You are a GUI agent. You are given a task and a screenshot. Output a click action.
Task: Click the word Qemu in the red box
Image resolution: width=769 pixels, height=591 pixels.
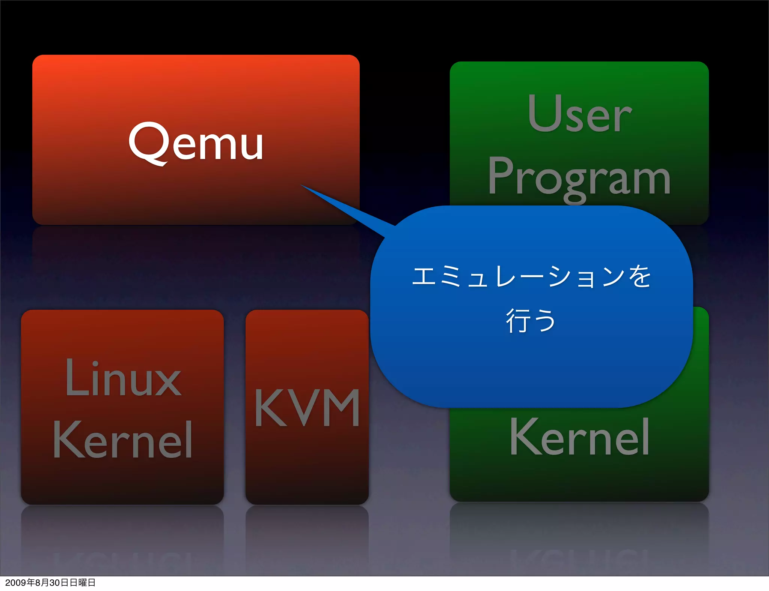pyautogui.click(x=196, y=143)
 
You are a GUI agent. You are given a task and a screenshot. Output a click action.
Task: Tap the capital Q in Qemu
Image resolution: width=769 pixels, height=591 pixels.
pyautogui.click(x=148, y=142)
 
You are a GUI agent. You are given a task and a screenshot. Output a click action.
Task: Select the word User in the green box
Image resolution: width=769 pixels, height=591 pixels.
pyautogui.click(x=579, y=113)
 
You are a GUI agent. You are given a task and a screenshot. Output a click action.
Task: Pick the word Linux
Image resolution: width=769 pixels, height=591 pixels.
pyautogui.click(x=123, y=378)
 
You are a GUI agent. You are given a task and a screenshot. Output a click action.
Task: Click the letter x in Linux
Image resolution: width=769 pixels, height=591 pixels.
pyautogui.click(x=169, y=382)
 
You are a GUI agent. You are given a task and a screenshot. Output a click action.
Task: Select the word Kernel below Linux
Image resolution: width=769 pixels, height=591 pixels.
pyautogui.click(x=123, y=439)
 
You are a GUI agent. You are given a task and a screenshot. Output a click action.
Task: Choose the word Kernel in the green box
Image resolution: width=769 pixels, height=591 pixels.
pyautogui.click(x=579, y=437)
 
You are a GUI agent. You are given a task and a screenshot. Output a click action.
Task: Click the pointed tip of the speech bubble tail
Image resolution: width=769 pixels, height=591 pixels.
pyautogui.click(x=302, y=185)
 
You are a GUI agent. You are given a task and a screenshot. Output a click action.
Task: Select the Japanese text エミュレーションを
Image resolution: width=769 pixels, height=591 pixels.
pyautogui.click(x=531, y=277)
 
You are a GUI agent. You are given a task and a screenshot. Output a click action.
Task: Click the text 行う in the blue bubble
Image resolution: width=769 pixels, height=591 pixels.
pyautogui.click(x=531, y=321)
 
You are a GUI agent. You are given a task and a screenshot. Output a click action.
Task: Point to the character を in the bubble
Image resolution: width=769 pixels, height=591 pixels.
pyautogui.click(x=640, y=277)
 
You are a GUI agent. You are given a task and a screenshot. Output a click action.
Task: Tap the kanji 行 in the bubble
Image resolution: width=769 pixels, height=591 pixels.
pyautogui.click(x=518, y=321)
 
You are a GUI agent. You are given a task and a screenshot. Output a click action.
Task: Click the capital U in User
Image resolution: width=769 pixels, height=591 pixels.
pyautogui.click(x=541, y=112)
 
